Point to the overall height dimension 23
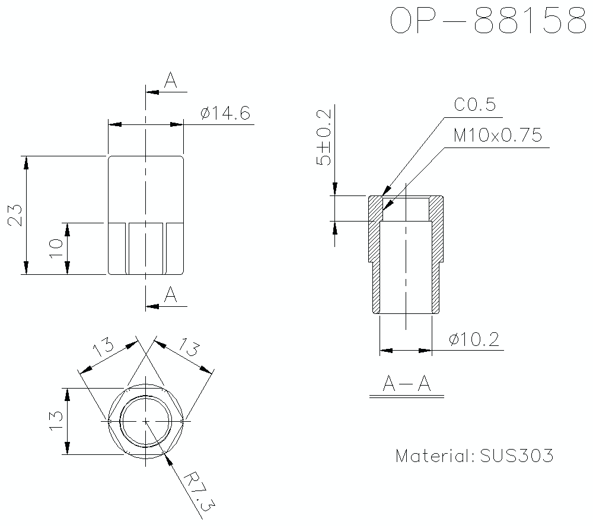pos(16,215)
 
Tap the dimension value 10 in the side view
pos(56,248)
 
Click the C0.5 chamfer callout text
pos(474,105)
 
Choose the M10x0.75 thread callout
pos(498,136)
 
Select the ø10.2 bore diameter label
pos(474,340)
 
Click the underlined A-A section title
pos(406,385)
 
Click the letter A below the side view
pos(171,295)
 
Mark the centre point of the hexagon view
pos(146,421)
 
